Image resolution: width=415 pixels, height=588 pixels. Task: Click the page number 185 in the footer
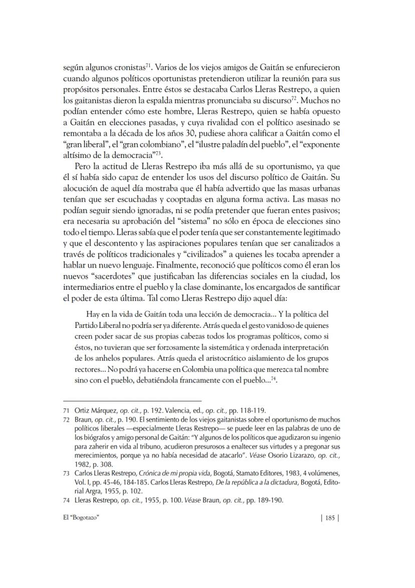329,518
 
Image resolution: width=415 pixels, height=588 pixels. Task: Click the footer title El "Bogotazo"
82,518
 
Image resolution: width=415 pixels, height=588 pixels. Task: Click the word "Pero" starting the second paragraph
83,165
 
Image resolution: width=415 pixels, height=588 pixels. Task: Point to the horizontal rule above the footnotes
132,401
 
